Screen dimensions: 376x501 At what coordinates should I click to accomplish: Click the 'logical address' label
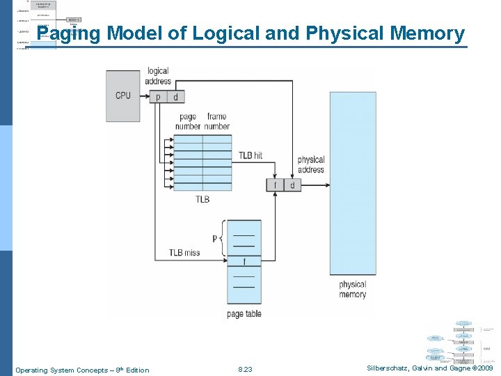coord(158,76)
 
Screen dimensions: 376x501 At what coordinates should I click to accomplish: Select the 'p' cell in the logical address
coord(157,97)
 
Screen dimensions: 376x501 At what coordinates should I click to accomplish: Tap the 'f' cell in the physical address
coord(275,185)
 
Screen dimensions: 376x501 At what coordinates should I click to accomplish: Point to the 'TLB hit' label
coord(250,155)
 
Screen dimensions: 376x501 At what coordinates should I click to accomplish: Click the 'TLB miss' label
coord(184,253)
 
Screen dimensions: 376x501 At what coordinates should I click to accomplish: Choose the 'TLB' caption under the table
coord(202,199)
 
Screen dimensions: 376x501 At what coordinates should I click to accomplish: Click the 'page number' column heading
coord(188,121)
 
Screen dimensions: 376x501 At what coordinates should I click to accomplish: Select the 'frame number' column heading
coord(217,121)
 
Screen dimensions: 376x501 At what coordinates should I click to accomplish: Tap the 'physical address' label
coord(311,164)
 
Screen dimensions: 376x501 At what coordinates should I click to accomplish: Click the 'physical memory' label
coord(352,289)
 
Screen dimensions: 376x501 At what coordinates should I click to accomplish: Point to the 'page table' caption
coord(244,314)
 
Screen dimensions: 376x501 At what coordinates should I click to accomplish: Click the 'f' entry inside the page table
coord(244,262)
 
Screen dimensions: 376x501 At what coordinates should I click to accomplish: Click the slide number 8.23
coord(245,370)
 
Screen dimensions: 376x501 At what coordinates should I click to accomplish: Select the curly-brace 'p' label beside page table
coord(215,238)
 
